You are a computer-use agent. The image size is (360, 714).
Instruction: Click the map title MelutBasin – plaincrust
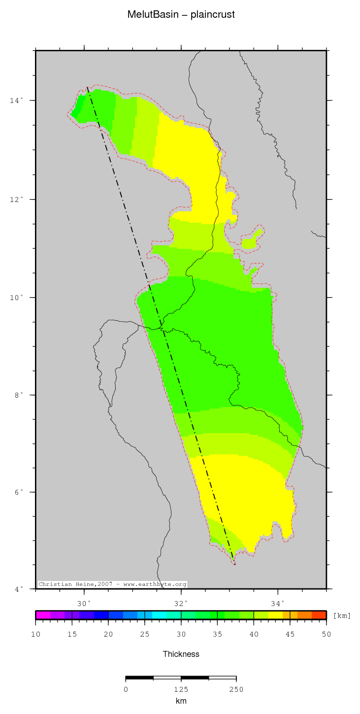point(181,15)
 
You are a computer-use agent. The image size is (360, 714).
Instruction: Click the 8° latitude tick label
point(18,395)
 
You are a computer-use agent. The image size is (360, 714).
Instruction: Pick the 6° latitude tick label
point(18,492)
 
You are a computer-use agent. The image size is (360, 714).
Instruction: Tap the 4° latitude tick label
point(18,589)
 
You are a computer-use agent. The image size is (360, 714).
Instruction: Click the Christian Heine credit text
point(112,584)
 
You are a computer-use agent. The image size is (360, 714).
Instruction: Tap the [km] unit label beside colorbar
point(342,616)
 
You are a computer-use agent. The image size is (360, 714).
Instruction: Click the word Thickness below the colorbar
point(181,654)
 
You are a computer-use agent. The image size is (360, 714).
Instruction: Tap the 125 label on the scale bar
point(181,689)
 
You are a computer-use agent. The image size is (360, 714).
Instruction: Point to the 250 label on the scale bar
point(236,689)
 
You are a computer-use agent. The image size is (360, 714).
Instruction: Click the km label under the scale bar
point(181,701)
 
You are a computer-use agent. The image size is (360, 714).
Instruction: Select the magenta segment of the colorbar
point(43,615)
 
